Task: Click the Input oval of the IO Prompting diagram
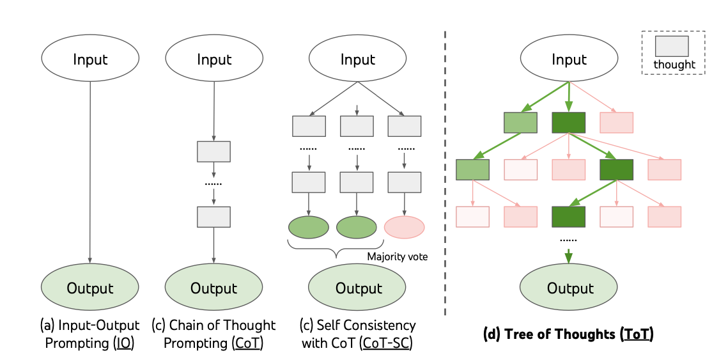pos(90,60)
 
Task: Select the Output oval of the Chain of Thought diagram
pos(213,288)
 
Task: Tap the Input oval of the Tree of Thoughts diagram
pos(569,60)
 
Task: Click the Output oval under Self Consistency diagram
pos(359,288)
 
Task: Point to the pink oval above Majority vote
pos(405,227)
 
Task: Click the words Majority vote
pos(397,256)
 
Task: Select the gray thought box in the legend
pos(671,47)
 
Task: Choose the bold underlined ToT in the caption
pos(636,333)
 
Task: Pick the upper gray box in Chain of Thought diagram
pos(213,152)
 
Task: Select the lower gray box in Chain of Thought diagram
pos(213,217)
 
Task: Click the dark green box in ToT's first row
pos(569,122)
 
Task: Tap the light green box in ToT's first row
pos(520,122)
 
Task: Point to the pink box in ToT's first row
pos(616,122)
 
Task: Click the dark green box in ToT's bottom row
pos(569,217)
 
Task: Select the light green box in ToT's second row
pos(472,169)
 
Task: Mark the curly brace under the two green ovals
pos(335,246)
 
